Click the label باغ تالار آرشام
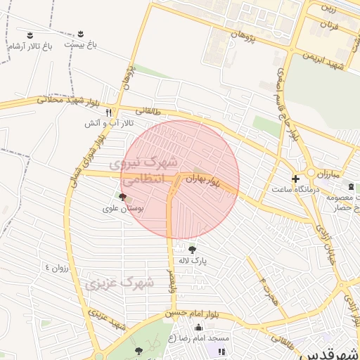click(x=30, y=46)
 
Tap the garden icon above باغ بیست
click(x=80, y=34)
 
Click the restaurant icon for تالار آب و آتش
click(x=108, y=112)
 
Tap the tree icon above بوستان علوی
click(x=123, y=198)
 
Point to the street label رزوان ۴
click(x=58, y=267)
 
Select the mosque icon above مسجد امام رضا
click(x=198, y=326)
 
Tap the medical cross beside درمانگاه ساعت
click(x=295, y=179)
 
